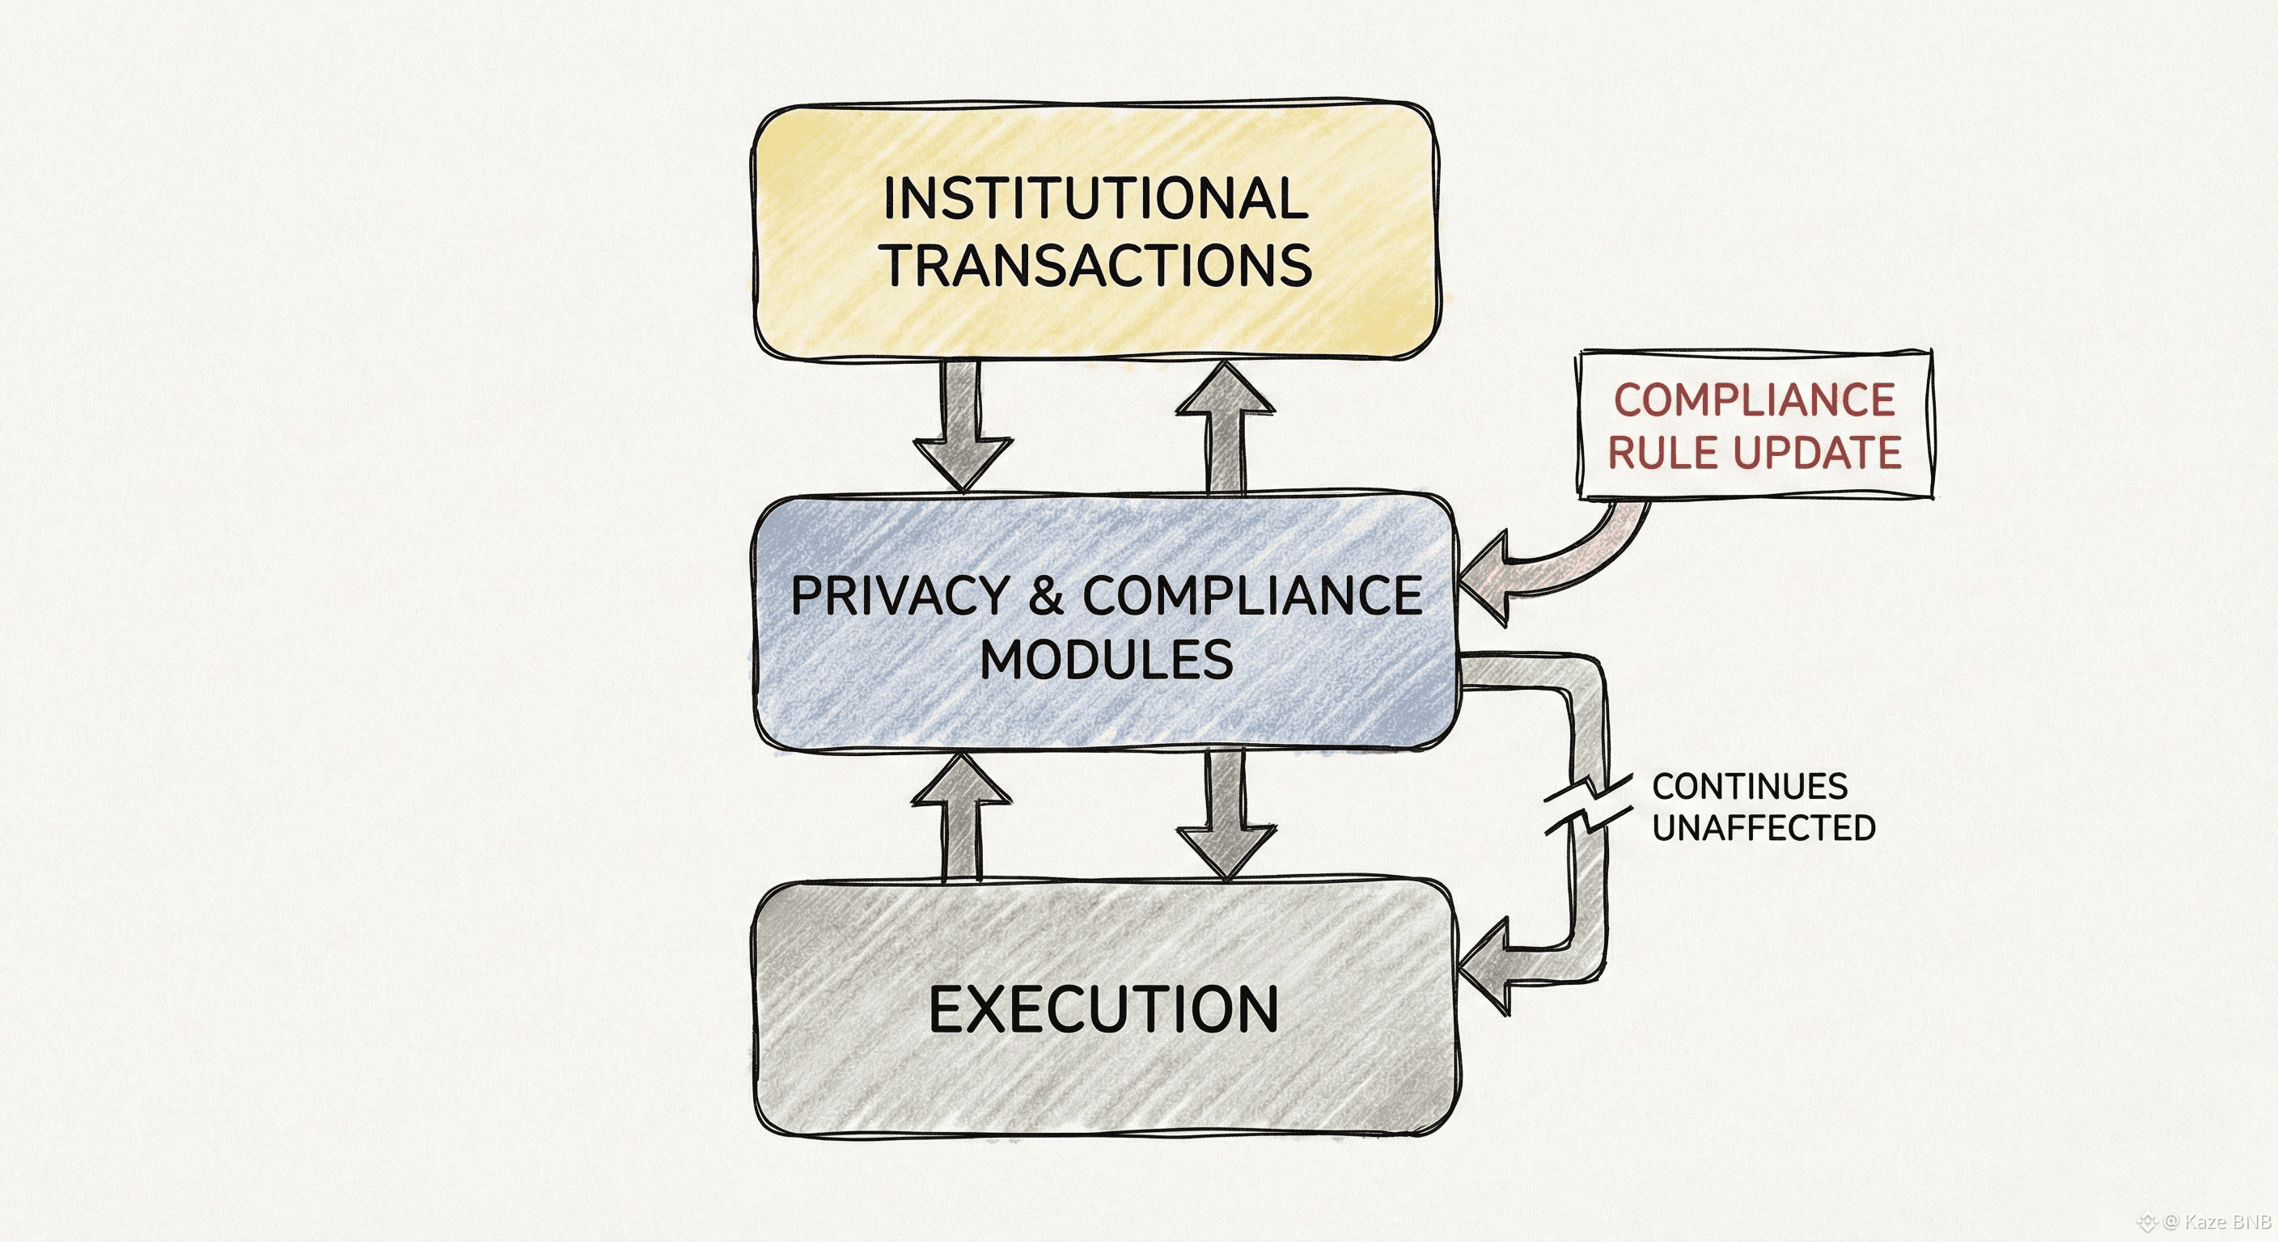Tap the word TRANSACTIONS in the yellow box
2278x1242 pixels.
point(1099,265)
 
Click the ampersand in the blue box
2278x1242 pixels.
point(1046,596)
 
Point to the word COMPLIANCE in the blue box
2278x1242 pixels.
point(1252,596)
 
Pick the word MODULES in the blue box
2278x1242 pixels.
point(1107,660)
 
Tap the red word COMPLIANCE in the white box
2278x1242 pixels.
point(1754,399)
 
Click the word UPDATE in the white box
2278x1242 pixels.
point(1816,453)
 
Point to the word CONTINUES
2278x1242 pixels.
point(1749,786)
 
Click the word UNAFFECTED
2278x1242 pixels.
point(1764,828)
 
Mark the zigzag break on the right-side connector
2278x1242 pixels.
point(1588,805)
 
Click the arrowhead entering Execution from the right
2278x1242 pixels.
point(1488,967)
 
